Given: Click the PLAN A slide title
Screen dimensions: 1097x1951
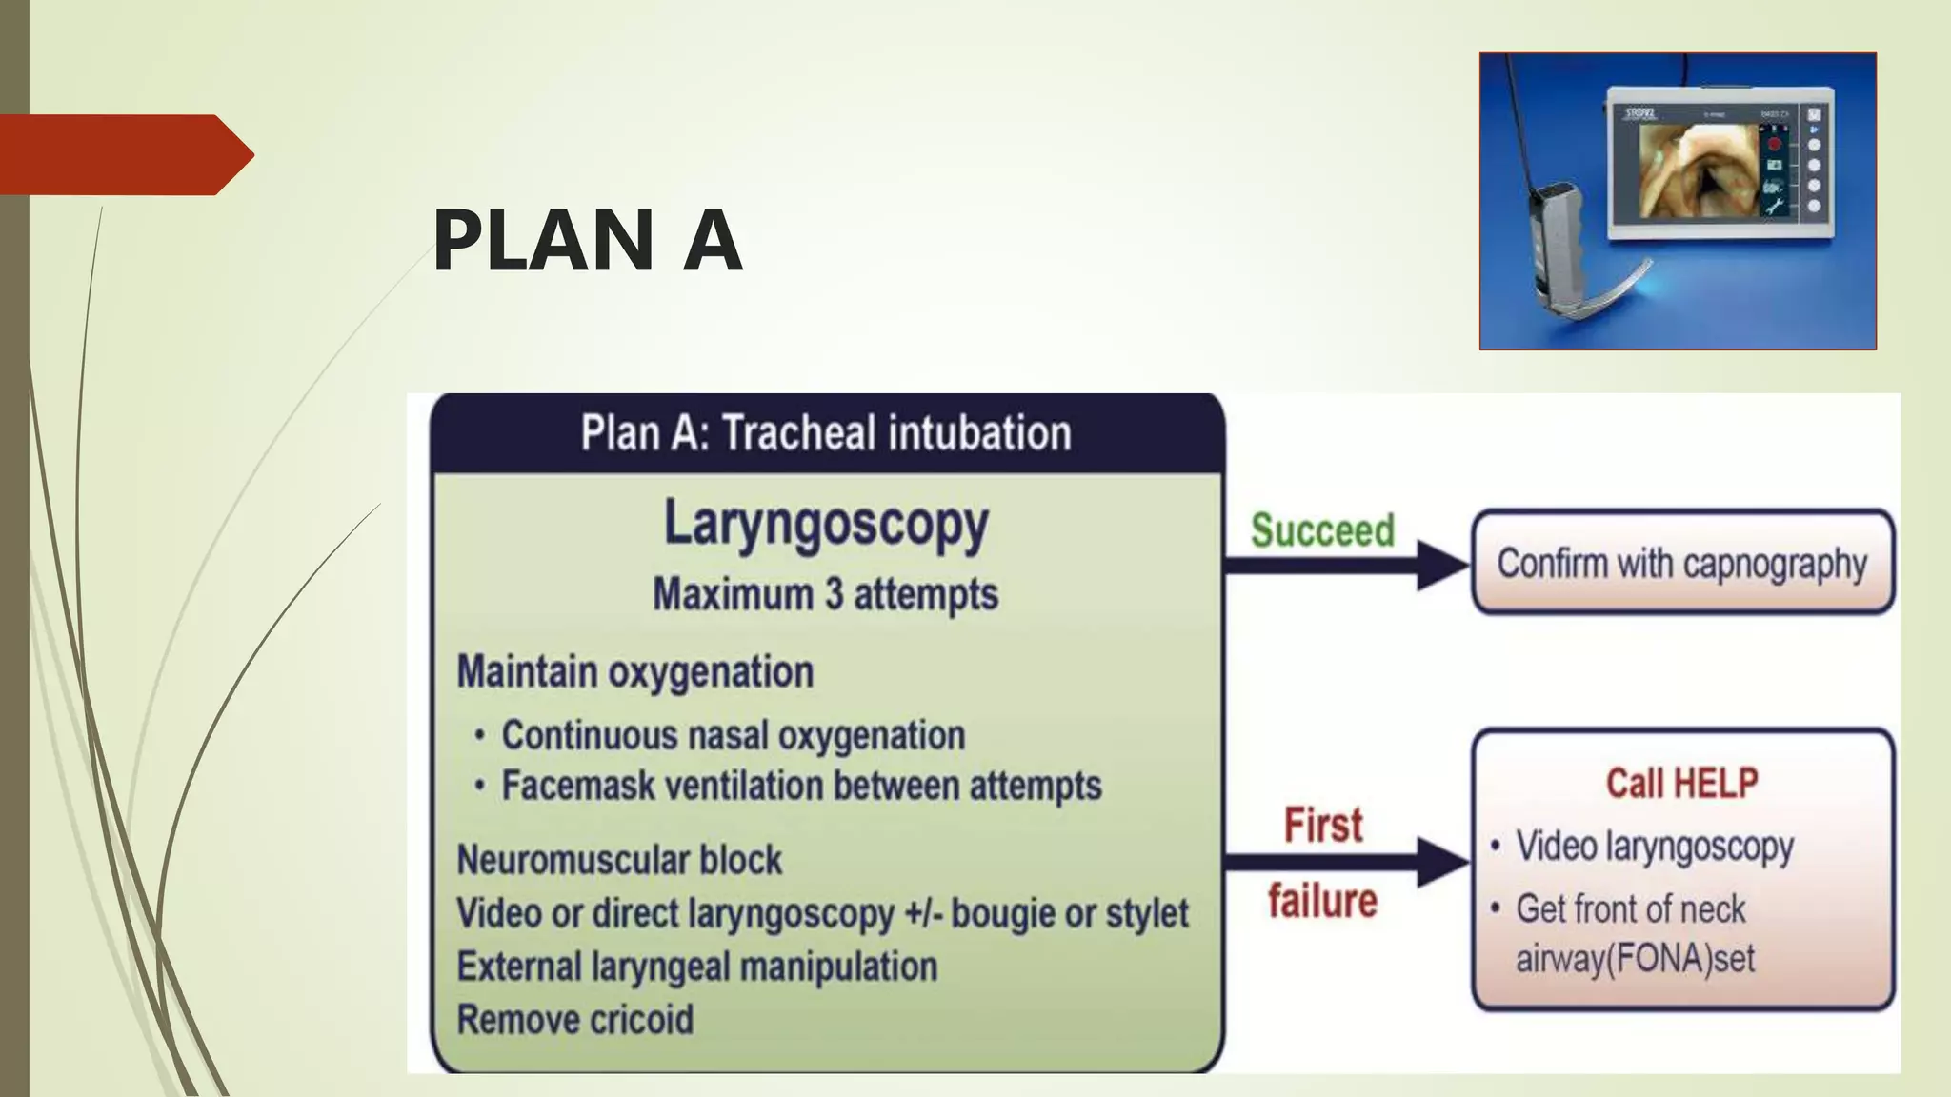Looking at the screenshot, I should click(x=587, y=241).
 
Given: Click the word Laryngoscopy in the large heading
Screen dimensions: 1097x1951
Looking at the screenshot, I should click(x=826, y=525).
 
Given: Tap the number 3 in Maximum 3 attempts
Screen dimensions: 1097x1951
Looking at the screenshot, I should click(x=834, y=595).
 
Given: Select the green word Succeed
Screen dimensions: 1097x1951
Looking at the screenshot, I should click(x=1322, y=530).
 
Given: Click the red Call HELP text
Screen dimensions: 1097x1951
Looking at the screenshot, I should click(x=1681, y=784).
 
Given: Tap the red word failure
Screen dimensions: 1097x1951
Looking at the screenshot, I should click(x=1322, y=901).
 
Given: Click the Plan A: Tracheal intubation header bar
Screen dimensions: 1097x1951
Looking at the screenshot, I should click(x=826, y=433).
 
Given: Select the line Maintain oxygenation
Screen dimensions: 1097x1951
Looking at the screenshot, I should click(x=635, y=672).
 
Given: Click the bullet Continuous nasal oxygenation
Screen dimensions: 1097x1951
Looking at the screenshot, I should click(x=733, y=736).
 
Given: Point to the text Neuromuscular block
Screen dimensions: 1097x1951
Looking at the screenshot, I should click(x=619, y=861).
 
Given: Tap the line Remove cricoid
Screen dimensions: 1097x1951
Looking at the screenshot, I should click(x=575, y=1020).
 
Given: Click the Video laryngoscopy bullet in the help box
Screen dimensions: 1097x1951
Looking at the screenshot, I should click(x=1655, y=847).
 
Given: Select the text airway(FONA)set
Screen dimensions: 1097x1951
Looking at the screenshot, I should click(x=1635, y=959).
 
